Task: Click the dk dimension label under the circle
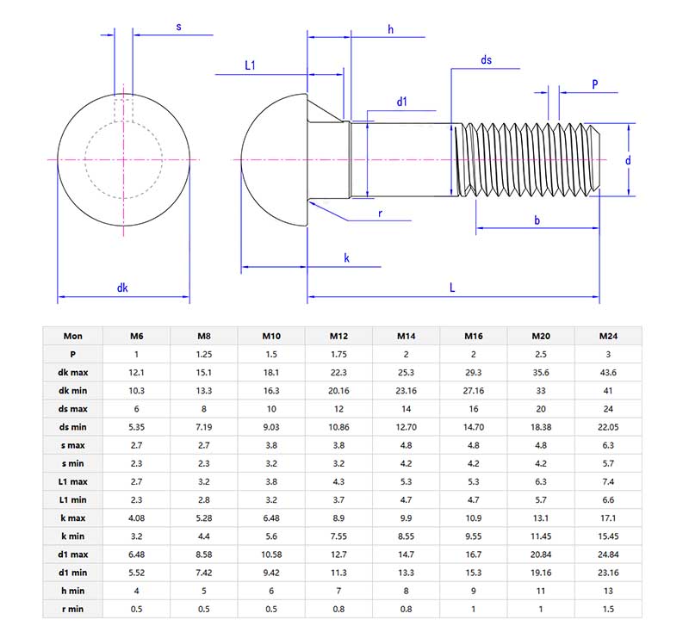point(123,288)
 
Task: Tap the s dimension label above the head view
point(178,27)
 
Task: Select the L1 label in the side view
point(251,65)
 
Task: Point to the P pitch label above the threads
point(595,84)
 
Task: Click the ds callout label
point(487,59)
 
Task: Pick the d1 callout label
point(401,102)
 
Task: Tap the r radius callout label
point(380,213)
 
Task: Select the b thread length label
point(537,220)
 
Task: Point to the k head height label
point(346,257)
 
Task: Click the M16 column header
point(474,336)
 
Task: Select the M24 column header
point(608,336)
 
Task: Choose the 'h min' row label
point(73,591)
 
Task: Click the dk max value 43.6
point(608,372)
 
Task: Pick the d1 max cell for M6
point(137,555)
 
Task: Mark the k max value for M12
point(338,517)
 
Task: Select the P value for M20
point(541,354)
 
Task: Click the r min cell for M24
point(608,609)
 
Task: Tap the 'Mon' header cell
point(73,336)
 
